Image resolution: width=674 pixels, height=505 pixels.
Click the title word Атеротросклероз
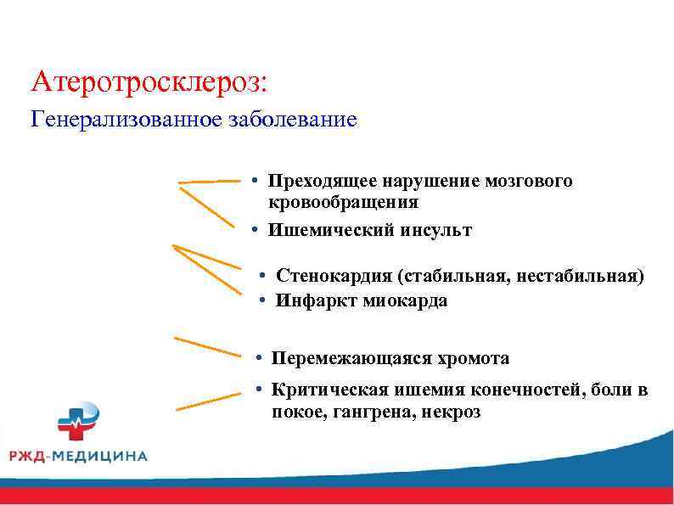[148, 82]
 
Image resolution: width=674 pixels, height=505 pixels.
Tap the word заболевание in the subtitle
[292, 120]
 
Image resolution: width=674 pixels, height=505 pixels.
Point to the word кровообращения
[343, 202]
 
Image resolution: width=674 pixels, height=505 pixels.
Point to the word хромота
[470, 359]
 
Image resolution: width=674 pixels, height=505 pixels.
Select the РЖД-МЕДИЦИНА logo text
[78, 456]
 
